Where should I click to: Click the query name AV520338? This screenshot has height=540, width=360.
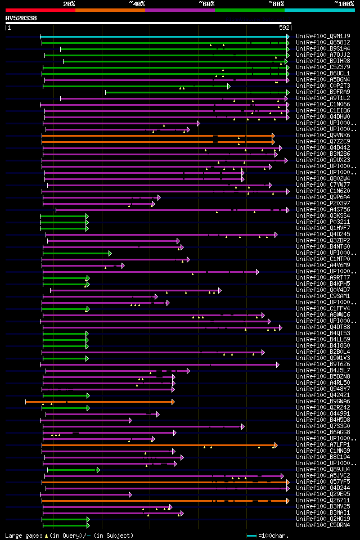[21, 18]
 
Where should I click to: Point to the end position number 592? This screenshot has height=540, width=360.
[284, 27]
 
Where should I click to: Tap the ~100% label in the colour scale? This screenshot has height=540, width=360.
[344, 3]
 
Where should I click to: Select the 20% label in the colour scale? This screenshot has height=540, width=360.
[69, 3]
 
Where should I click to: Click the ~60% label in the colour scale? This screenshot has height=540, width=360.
[206, 3]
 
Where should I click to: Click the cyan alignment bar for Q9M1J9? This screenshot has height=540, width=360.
[163, 37]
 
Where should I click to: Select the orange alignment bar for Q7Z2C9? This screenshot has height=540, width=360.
[157, 141]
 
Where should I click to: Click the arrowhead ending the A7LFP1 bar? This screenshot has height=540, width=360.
[276, 444]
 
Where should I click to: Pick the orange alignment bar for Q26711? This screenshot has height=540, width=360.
[163, 500]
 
